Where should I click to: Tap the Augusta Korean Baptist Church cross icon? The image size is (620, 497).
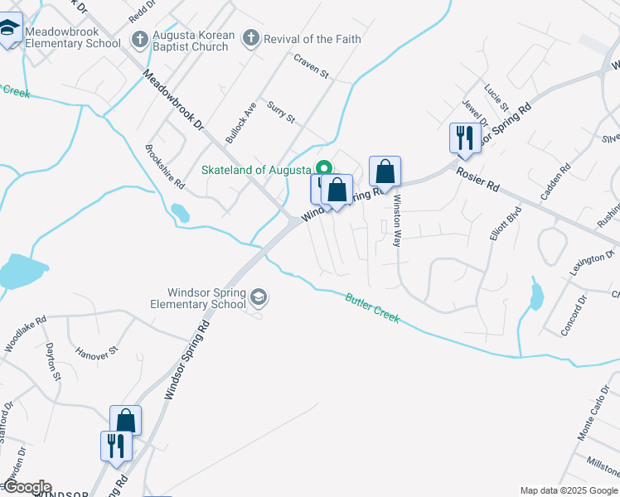tap(140, 40)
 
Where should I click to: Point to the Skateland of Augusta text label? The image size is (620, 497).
tap(259, 170)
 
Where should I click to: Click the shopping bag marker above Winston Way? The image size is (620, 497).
tap(385, 171)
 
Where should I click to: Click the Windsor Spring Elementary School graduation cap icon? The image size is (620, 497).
tap(259, 297)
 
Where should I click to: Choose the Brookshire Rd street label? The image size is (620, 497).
tap(164, 167)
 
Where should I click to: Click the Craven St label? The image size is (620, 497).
tap(312, 65)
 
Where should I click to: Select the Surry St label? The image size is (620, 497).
tap(281, 112)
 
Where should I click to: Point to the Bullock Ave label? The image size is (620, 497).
tap(241, 123)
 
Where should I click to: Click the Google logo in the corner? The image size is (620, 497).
tap(27, 487)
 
